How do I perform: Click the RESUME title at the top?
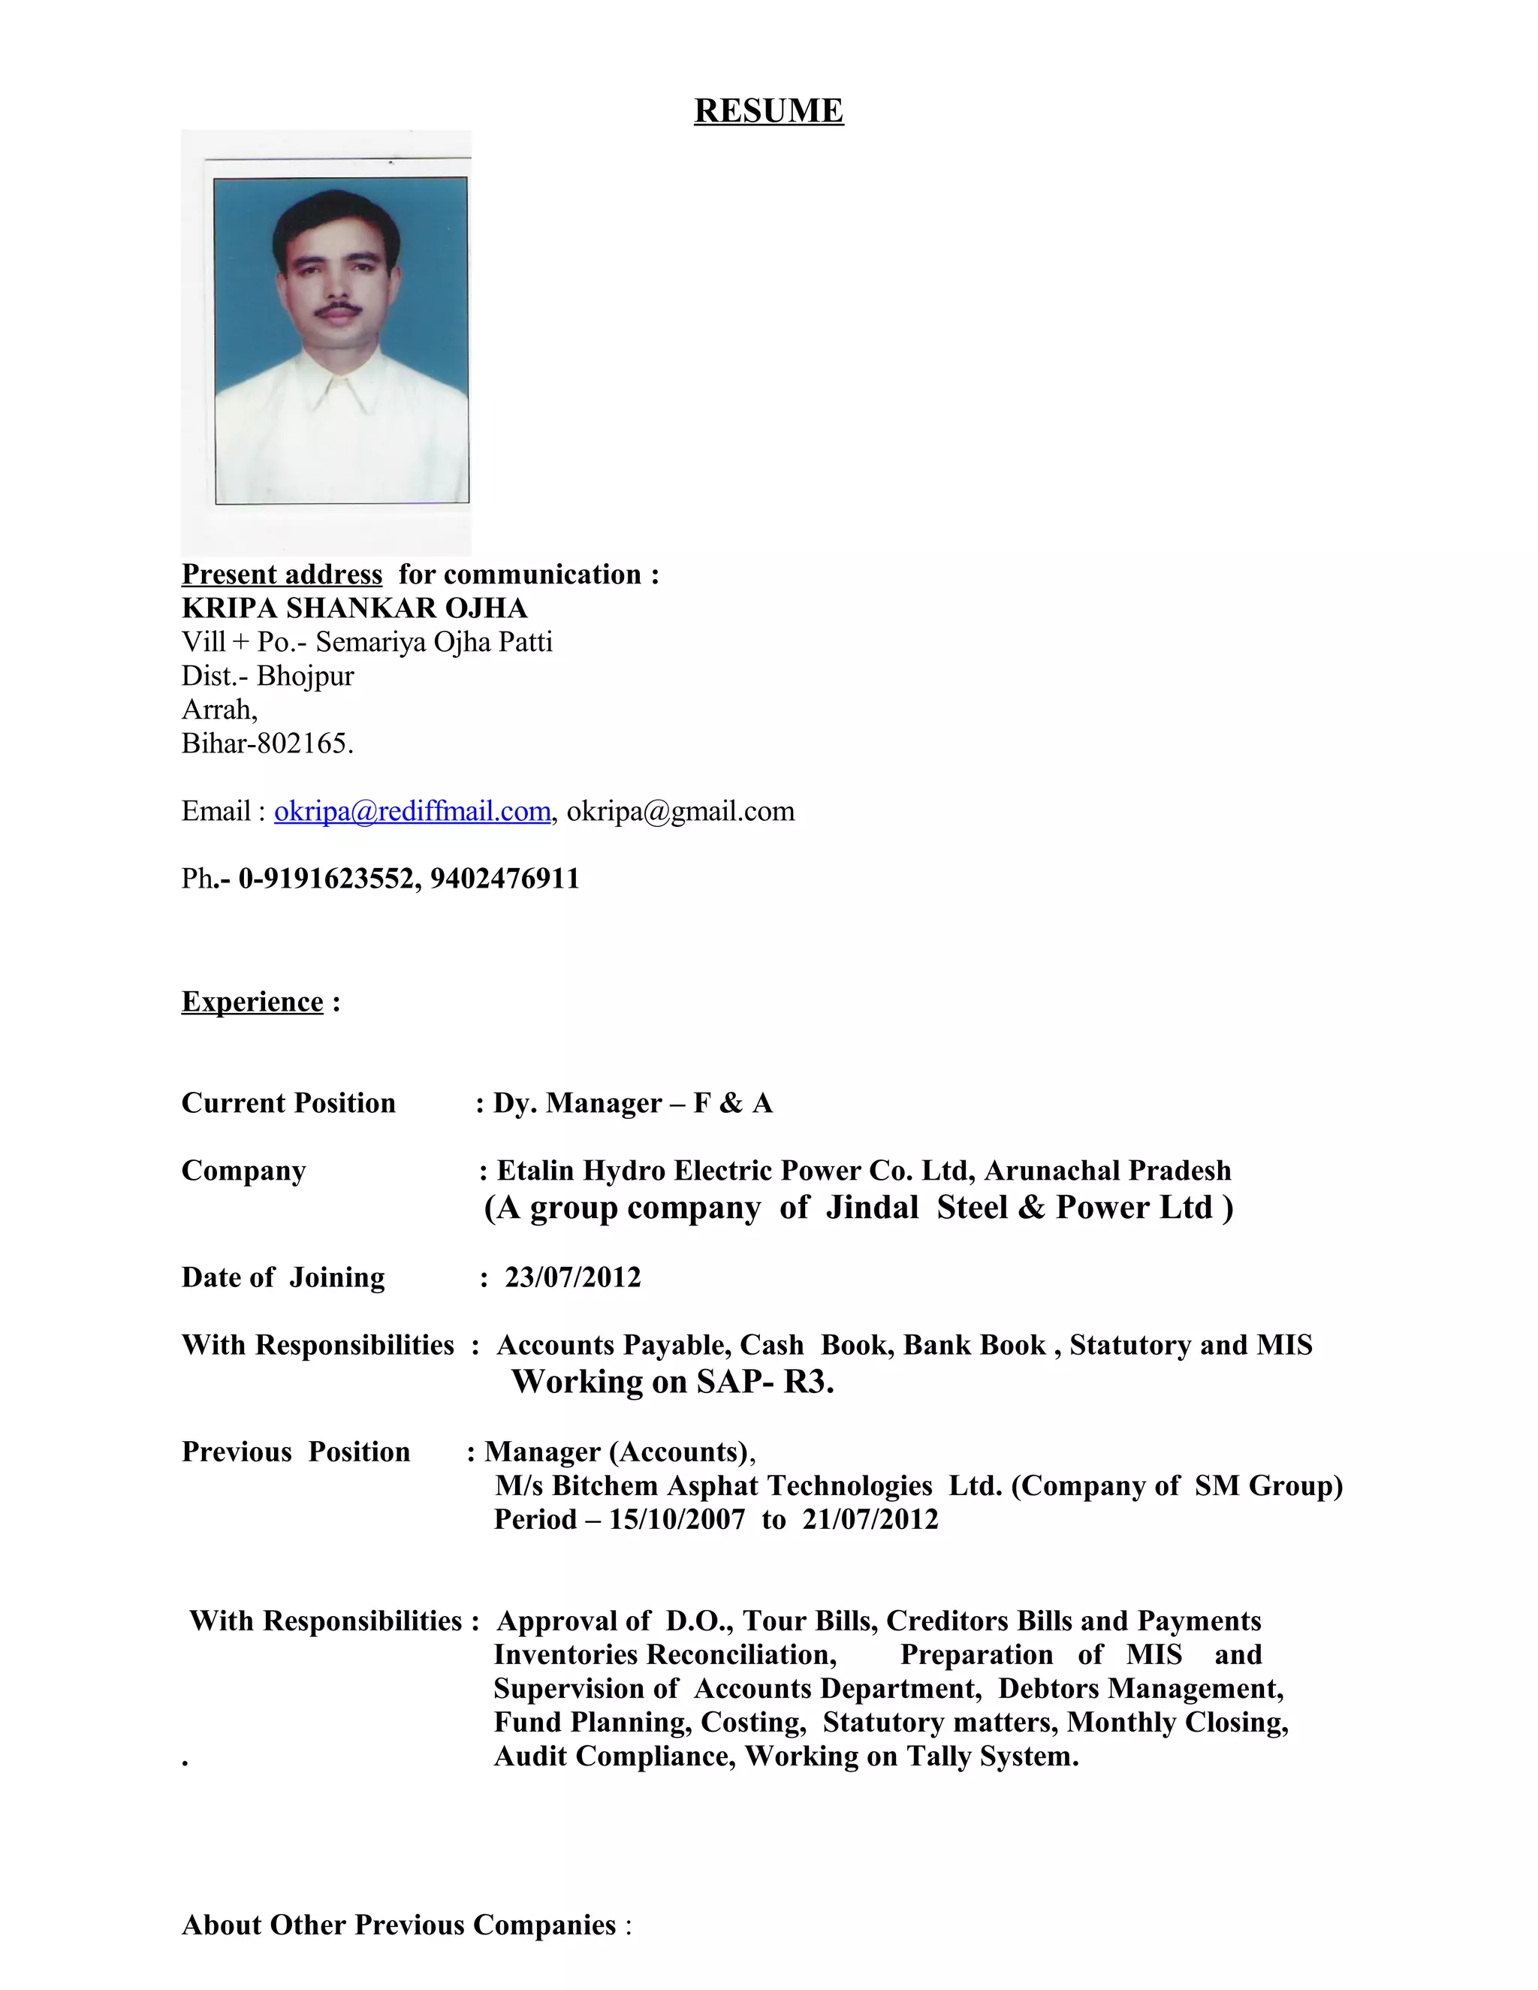click(768, 110)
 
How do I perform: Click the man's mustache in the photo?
click(338, 312)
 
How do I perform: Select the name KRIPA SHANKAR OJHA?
click(354, 608)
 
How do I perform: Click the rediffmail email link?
click(412, 811)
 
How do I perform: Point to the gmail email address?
click(680, 811)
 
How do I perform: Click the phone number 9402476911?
click(505, 879)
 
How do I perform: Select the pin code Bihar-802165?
click(267, 743)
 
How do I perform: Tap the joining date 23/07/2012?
click(572, 1277)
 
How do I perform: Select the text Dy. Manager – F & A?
click(632, 1103)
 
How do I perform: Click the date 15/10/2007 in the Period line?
click(677, 1519)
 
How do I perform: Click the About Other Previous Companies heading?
click(399, 1925)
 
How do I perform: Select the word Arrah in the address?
click(219, 710)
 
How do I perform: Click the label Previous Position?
click(295, 1452)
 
